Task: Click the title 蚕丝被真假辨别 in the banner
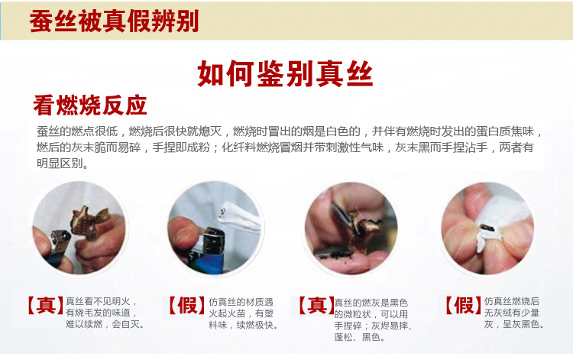114,21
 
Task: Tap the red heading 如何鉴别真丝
285,73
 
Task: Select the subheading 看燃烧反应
90,105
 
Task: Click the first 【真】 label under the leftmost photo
46,306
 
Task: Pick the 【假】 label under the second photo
186,306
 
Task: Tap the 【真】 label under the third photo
316,306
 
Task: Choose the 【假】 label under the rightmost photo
464,306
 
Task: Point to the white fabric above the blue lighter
239,218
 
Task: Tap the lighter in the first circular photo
57,247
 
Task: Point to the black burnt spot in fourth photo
487,229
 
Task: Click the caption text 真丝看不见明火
98,301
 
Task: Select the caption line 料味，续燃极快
243,325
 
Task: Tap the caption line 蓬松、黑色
359,337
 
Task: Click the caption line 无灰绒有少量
512,313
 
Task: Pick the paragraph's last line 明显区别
63,163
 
